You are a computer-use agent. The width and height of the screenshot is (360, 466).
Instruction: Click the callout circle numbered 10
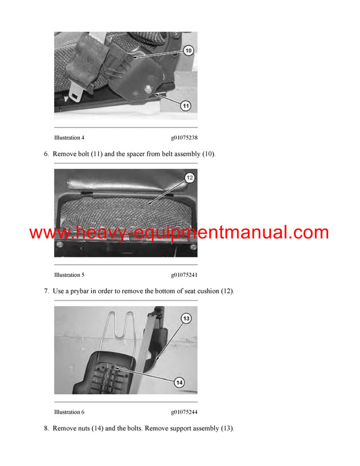point(188,51)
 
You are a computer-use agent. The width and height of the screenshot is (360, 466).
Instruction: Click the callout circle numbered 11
point(185,106)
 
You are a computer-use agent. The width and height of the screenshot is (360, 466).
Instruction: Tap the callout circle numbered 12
point(190,178)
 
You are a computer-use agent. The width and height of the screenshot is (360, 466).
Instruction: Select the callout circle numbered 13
point(186,318)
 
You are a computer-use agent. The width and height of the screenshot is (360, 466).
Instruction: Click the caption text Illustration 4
point(69,138)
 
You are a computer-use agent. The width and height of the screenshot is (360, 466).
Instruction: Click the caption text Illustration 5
point(69,275)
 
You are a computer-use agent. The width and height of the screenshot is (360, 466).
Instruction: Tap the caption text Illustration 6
point(69,412)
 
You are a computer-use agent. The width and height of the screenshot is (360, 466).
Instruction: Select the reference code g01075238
point(184,138)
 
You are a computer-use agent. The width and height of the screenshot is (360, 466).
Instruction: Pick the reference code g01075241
point(184,275)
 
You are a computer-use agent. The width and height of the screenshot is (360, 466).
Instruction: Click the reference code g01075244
point(184,412)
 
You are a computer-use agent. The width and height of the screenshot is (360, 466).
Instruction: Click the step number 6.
point(46,154)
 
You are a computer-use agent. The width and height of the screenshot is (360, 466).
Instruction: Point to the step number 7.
point(46,291)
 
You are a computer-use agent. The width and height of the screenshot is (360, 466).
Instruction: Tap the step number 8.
point(46,429)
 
